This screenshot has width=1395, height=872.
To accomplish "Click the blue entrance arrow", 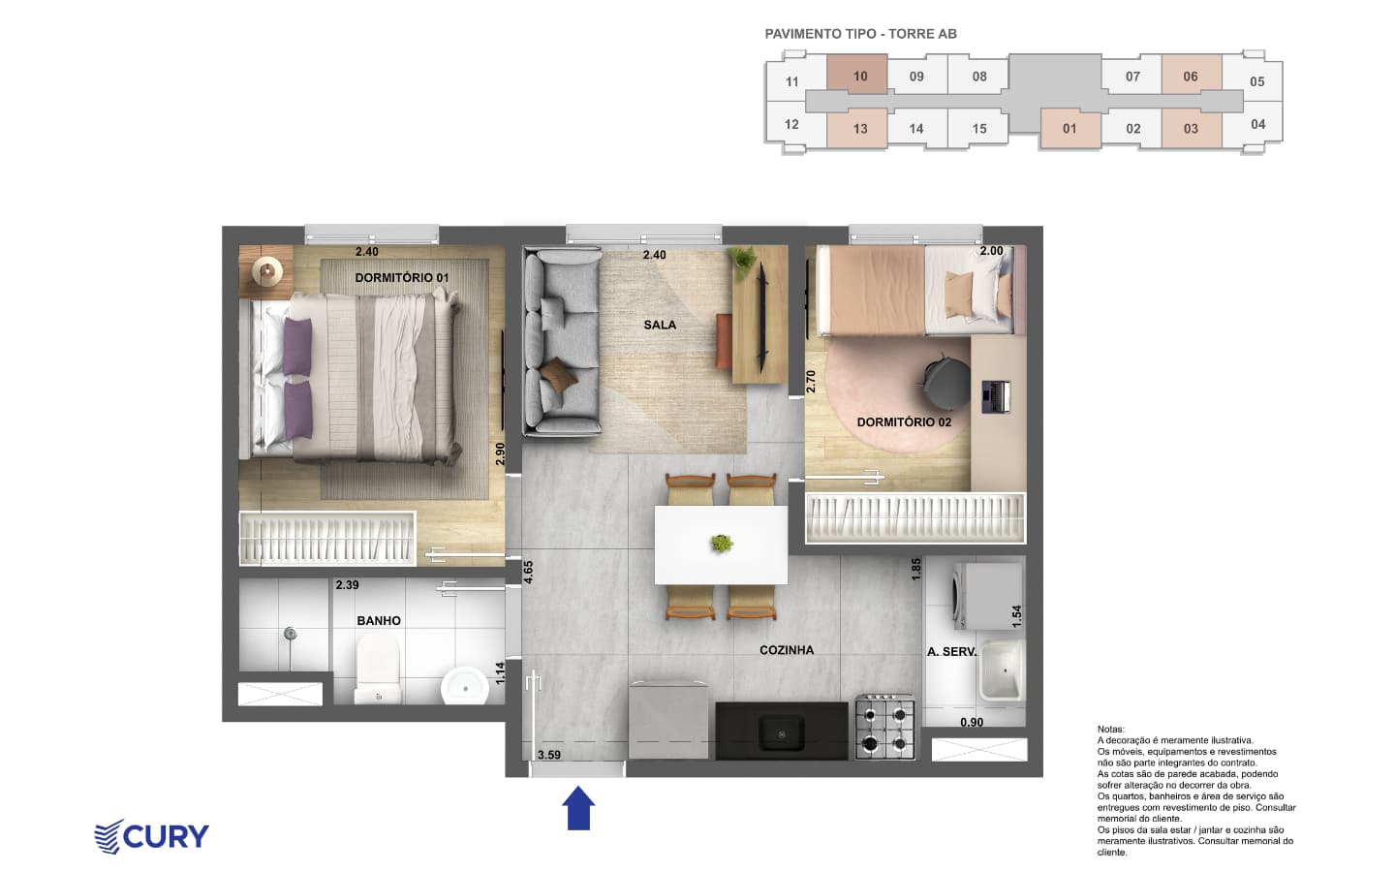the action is point(578,808).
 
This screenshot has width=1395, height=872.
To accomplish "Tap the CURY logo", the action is point(151,836).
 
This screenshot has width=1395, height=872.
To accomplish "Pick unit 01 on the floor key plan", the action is point(1069,129).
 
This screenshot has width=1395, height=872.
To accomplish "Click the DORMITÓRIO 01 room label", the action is point(402,277).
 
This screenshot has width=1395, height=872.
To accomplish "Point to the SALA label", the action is point(660,325).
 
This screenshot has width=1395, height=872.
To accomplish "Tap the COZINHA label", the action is point(787,650).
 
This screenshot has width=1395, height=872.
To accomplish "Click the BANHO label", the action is point(379,621).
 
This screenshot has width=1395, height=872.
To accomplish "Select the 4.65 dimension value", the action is point(528,572).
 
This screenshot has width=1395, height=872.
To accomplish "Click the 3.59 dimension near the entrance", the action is point(549,755).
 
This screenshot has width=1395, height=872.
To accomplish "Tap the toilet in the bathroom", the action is point(378,670).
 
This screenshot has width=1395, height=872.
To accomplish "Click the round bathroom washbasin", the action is point(465,686).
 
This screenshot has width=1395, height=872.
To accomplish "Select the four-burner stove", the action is point(885,728).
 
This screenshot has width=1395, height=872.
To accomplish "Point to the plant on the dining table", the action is point(721,544).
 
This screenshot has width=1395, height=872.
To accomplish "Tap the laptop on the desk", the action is point(996,397).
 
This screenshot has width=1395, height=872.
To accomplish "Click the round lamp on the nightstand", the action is point(267,271).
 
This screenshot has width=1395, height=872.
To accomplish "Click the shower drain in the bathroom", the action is point(289,634).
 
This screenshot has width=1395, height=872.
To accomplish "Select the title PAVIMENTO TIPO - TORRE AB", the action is point(860,34).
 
